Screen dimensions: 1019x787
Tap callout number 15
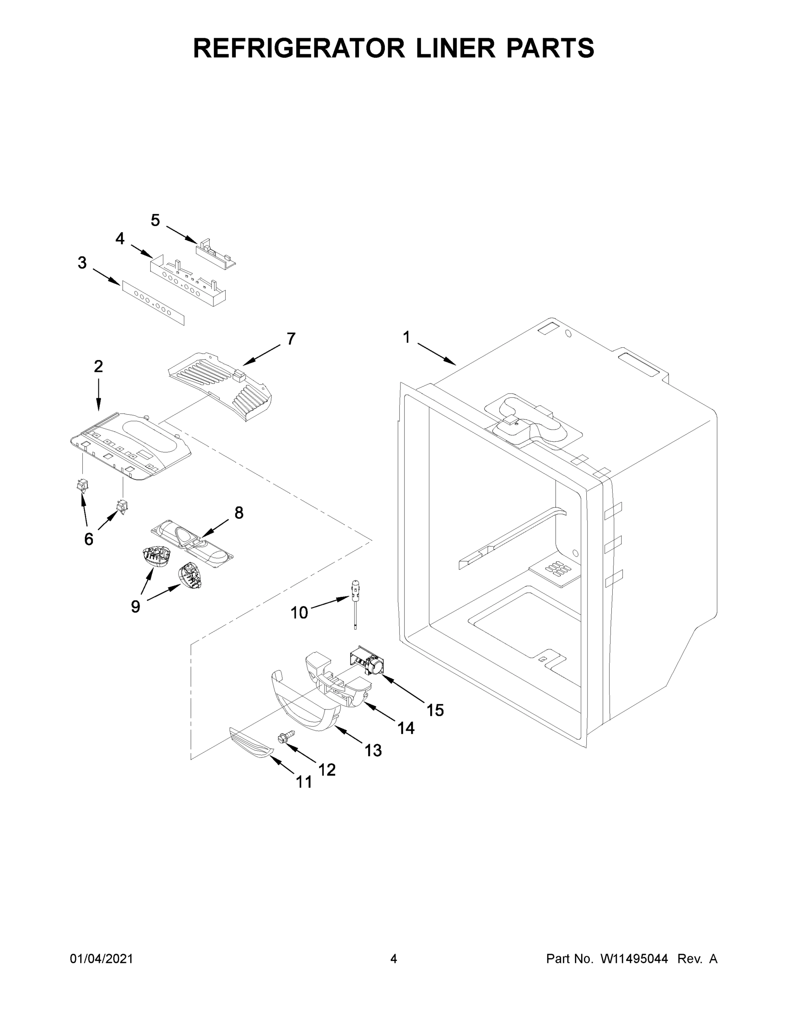[435, 710]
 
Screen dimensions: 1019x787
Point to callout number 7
[291, 339]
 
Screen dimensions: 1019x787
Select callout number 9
[135, 607]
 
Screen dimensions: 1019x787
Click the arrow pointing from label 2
[98, 395]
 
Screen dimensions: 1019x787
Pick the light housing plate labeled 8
[192, 544]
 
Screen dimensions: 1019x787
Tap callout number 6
[89, 539]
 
